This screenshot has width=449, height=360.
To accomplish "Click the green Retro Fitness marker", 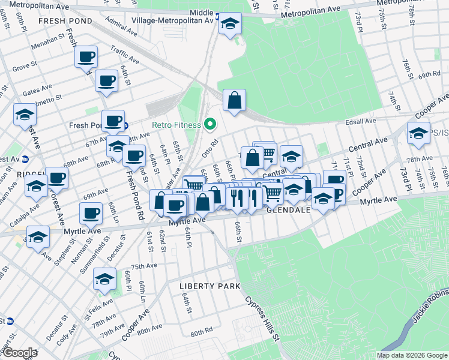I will point(209,125).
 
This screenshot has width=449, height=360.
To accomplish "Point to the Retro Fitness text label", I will point(178,125).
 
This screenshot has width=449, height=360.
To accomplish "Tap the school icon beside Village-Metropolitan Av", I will point(229,25).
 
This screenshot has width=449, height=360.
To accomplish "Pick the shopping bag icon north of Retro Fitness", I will point(234,101).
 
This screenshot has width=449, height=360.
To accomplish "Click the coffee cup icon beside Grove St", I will point(107,81).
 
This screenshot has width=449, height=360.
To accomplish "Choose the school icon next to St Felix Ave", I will point(104,279).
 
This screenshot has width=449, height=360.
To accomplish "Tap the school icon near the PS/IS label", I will point(418,134).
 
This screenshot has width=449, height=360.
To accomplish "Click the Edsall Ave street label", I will point(360,121).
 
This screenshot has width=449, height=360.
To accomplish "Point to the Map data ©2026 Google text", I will point(411,355).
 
